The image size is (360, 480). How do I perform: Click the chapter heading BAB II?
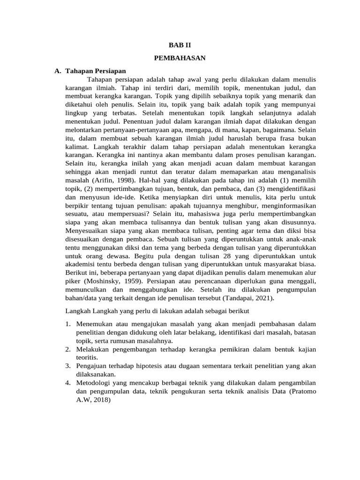[180, 45]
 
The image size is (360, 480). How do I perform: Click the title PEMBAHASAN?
[180, 59]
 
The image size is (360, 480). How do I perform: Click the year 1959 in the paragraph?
[136, 282]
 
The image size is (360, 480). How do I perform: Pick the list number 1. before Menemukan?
[68, 324]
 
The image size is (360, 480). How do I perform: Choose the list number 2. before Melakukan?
[68, 349]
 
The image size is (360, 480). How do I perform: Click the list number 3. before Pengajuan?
[68, 366]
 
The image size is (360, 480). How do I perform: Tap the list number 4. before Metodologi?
[68, 382]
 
